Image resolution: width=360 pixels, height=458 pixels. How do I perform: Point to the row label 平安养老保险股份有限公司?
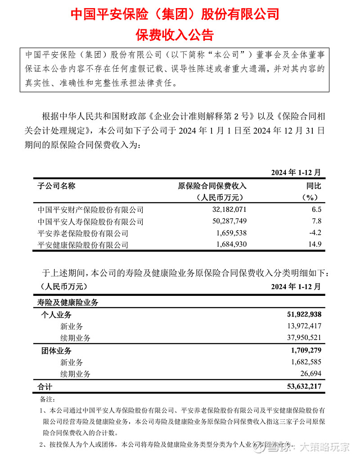(x=83, y=233)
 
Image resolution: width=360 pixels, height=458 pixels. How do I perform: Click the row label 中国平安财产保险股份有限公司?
(x=90, y=209)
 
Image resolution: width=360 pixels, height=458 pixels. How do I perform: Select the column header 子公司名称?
(x=56, y=186)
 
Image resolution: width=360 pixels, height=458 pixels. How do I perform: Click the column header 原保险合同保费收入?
(x=212, y=186)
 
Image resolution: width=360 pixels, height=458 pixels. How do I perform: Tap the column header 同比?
(x=314, y=186)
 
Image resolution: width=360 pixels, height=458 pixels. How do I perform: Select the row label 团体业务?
(x=56, y=350)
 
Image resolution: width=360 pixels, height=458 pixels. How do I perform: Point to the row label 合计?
(x=45, y=386)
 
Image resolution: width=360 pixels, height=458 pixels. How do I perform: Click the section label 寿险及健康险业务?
(x=67, y=302)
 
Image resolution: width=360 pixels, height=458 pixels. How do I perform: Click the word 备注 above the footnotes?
(x=47, y=399)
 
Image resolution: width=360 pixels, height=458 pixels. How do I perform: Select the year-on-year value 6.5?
(x=317, y=209)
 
